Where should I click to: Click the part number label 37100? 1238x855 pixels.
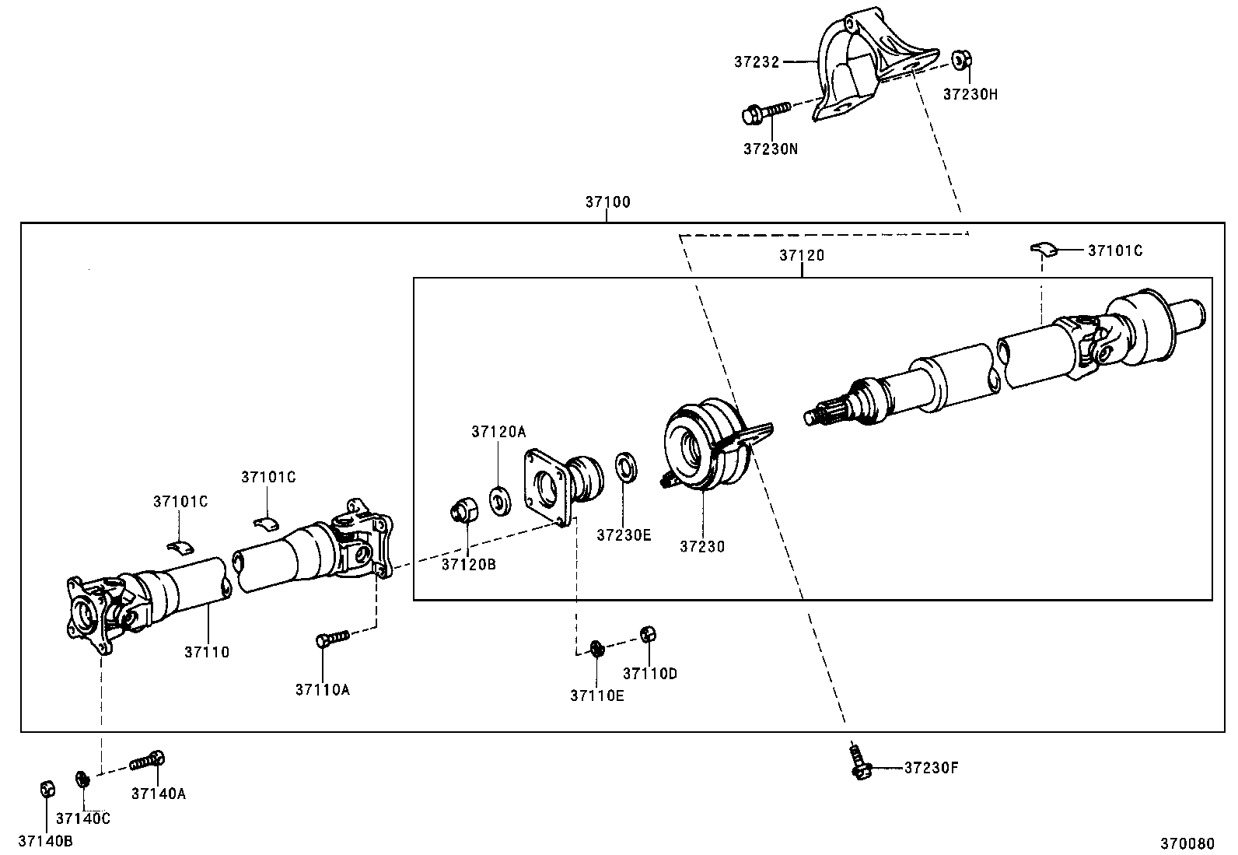click(x=607, y=202)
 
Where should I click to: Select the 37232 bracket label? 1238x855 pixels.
click(x=756, y=61)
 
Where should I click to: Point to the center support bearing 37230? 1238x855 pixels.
click(x=704, y=447)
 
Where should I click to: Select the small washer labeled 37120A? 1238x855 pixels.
click(x=499, y=499)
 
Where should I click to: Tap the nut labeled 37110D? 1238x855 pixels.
click(x=649, y=633)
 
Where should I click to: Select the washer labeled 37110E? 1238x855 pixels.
click(x=596, y=647)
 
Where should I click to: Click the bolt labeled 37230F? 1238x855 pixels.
click(x=859, y=762)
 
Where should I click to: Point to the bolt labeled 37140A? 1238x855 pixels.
click(x=149, y=760)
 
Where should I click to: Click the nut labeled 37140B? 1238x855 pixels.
click(x=47, y=789)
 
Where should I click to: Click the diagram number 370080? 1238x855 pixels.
click(x=1187, y=843)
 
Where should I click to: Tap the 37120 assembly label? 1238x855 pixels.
click(x=802, y=255)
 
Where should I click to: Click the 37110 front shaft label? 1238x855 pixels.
click(x=207, y=652)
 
